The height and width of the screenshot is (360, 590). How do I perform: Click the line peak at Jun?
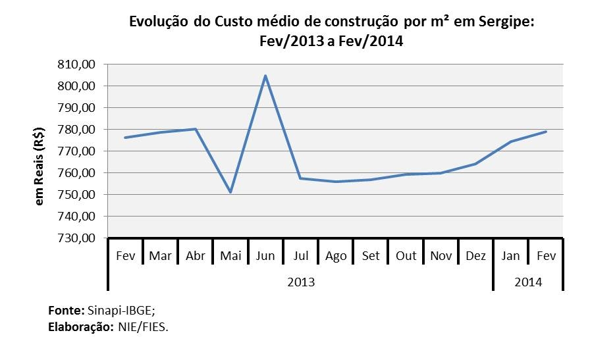click(x=265, y=76)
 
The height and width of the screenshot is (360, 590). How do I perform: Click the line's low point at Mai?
click(x=230, y=192)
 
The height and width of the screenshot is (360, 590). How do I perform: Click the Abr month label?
click(x=196, y=255)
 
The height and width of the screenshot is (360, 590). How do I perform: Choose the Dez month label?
click(x=475, y=255)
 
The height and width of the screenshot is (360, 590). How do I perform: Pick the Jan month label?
click(x=510, y=255)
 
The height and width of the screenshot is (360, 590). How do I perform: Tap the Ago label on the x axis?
click(x=336, y=255)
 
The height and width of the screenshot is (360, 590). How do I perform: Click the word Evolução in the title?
click(x=158, y=22)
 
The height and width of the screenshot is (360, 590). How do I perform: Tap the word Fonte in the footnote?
click(x=65, y=309)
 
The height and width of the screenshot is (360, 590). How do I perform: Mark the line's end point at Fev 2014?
click(x=546, y=132)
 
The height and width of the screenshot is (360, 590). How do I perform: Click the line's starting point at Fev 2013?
click(x=125, y=138)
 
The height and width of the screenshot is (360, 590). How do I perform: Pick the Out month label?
click(x=406, y=255)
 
